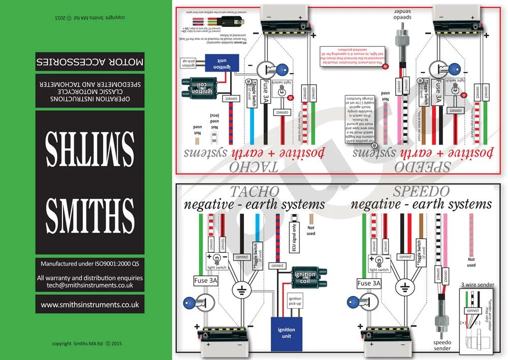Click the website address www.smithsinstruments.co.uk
click(90, 305)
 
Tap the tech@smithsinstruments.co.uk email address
click(90, 286)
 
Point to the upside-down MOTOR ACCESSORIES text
click(90, 62)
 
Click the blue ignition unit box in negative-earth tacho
click(286, 333)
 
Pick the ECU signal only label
click(293, 236)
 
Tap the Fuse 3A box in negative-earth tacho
click(206, 280)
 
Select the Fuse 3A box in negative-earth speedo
click(370, 283)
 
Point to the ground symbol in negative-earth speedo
click(404, 290)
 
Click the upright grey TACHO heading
click(255, 191)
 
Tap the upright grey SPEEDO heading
click(421, 191)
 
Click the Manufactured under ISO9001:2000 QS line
click(90, 264)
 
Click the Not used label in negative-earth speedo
click(471, 262)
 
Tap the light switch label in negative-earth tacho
click(217, 267)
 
